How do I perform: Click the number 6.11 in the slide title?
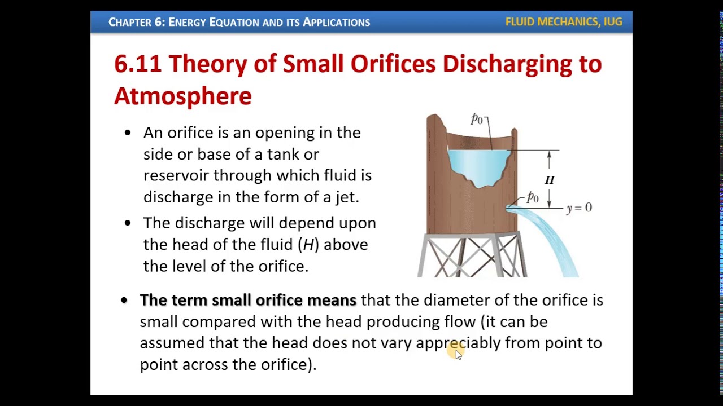(137, 64)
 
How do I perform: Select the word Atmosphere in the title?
(182, 96)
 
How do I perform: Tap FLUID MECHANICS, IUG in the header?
(563, 22)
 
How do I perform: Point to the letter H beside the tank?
(550, 180)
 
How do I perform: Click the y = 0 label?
(579, 208)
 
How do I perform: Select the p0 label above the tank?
(477, 118)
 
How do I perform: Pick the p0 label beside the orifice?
(532, 197)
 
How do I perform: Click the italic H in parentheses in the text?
(308, 245)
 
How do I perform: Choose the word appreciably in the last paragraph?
(458, 343)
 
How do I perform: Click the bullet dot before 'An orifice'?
(127, 133)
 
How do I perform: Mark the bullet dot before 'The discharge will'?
(127, 223)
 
